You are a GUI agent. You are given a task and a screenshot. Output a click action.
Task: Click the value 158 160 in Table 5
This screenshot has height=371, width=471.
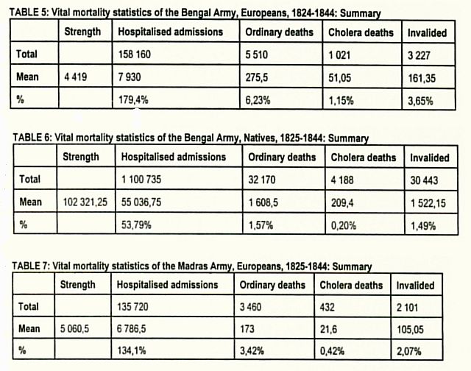click(x=134, y=54)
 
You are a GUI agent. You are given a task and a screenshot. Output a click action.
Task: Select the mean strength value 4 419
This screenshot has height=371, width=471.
click(x=75, y=77)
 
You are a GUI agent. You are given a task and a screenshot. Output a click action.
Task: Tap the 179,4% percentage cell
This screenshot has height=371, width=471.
click(x=133, y=99)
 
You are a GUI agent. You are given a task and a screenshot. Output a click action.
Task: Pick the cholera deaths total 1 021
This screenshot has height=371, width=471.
click(x=339, y=55)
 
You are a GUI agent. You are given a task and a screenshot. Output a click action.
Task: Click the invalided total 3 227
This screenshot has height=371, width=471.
click(x=419, y=55)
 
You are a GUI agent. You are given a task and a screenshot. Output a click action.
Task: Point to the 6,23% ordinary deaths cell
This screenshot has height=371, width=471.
click(x=258, y=100)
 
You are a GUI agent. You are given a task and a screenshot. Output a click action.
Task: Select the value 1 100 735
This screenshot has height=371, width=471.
click(x=141, y=180)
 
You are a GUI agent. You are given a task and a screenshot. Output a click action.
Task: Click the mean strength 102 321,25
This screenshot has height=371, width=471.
click(x=85, y=202)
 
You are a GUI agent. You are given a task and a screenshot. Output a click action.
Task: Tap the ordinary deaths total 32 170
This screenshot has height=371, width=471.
click(x=262, y=180)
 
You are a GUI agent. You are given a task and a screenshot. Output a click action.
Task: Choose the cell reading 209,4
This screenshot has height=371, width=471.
click(x=342, y=203)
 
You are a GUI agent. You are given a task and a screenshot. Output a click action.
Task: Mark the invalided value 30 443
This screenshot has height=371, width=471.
click(x=424, y=180)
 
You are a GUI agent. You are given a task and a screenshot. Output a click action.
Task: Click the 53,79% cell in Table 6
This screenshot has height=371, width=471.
click(x=136, y=225)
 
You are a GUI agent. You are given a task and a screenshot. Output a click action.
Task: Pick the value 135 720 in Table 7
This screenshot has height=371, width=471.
click(x=132, y=307)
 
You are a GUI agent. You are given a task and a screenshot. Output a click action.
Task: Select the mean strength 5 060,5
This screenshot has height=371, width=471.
click(x=74, y=328)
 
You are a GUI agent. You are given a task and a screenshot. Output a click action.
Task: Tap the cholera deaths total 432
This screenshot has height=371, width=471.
click(x=327, y=307)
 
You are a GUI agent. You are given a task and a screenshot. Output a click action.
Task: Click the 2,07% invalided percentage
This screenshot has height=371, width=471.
click(x=409, y=351)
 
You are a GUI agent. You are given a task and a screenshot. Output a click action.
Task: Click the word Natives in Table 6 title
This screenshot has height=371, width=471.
click(x=260, y=138)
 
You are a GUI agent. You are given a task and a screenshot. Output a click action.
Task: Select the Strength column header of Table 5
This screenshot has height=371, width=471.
click(x=82, y=31)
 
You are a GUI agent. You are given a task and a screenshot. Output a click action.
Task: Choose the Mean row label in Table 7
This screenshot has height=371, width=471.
click(x=29, y=328)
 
